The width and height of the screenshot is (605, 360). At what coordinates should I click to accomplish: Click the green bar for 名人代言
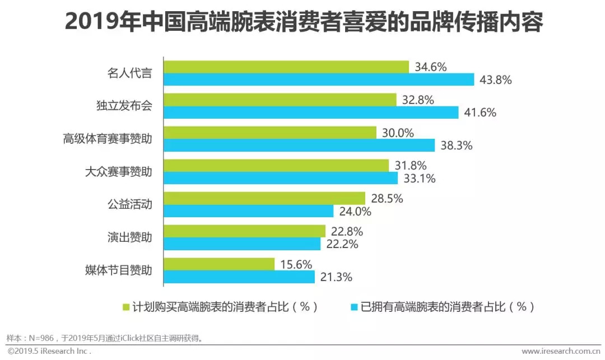point(286,67)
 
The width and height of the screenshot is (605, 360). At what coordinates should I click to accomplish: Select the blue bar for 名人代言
point(318,80)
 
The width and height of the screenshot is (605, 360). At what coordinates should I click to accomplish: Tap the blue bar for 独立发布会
point(310,113)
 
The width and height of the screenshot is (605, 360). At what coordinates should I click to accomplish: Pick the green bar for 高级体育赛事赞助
point(269,133)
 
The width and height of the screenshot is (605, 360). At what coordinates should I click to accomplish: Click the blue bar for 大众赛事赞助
point(280,178)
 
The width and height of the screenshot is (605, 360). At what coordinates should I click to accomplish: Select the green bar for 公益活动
point(264,198)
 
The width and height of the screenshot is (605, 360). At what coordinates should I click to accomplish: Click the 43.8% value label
point(496,80)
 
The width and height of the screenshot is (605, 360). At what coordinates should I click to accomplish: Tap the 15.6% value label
point(296,264)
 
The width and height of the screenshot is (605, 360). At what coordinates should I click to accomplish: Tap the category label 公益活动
point(129,204)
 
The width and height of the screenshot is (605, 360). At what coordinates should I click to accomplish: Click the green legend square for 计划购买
point(126,307)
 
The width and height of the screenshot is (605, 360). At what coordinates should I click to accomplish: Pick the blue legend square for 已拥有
point(353,307)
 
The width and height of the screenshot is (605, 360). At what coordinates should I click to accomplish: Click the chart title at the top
point(303,23)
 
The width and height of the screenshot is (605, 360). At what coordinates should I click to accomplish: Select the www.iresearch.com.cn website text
point(560,351)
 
